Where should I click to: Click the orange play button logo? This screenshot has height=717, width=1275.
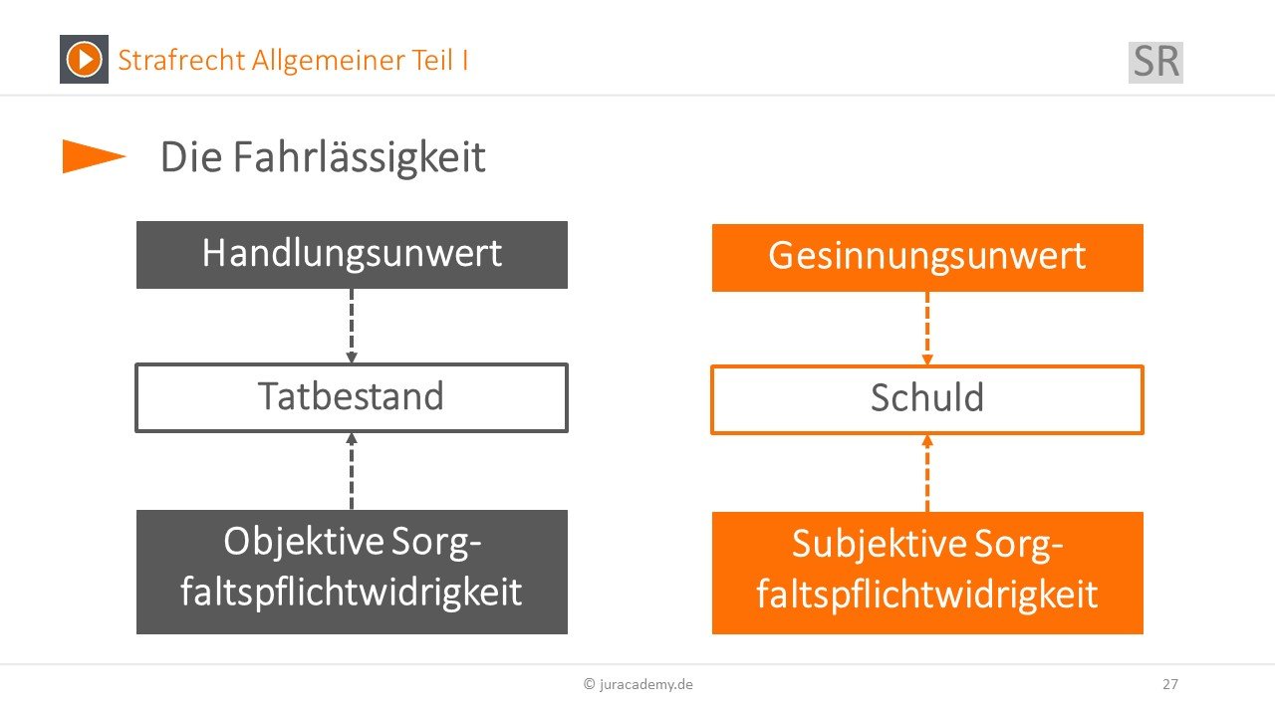84,59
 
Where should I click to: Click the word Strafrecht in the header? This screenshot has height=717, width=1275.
181,60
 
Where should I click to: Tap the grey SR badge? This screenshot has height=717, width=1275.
1155,62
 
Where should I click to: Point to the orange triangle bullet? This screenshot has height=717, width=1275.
94,156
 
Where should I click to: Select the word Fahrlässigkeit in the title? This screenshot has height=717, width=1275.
360,157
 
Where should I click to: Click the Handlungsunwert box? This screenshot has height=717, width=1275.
352,255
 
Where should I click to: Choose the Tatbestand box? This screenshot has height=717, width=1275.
352,397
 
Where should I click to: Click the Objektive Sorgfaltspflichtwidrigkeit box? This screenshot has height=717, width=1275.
352,572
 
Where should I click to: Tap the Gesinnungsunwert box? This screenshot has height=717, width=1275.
927,258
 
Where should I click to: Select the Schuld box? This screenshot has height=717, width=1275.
927,399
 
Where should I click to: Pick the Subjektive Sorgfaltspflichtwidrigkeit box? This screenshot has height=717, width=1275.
927,573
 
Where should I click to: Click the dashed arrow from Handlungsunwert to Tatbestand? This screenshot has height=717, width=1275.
352,326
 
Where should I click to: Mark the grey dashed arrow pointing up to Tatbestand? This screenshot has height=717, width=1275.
352,471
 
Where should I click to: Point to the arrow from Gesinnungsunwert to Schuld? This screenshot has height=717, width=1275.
927,329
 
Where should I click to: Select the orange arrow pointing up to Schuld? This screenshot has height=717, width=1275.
927,473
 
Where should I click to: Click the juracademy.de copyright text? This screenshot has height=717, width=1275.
638,684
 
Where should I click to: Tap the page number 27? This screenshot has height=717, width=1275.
1170,684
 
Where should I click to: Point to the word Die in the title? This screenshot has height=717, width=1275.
191,157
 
